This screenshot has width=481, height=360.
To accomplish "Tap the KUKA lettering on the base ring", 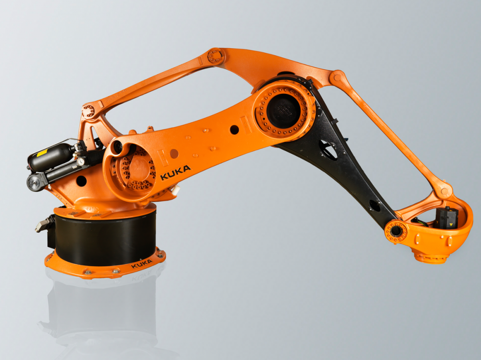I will point(141,264).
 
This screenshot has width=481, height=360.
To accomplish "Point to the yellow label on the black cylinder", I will point(42,153).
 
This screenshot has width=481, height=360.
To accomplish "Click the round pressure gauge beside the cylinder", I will point(81,162).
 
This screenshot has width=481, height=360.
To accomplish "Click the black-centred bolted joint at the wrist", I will point(396,231).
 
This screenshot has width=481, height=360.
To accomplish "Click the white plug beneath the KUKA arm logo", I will point(175,190).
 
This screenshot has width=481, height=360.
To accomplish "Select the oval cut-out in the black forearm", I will point(329,150).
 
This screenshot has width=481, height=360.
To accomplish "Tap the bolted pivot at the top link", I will point(216,57).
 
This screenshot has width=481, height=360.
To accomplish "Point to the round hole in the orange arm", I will point(234,129).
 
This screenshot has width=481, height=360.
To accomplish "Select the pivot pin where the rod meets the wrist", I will point(443,191).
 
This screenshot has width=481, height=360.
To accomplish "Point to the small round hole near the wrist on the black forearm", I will point(374,205).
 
